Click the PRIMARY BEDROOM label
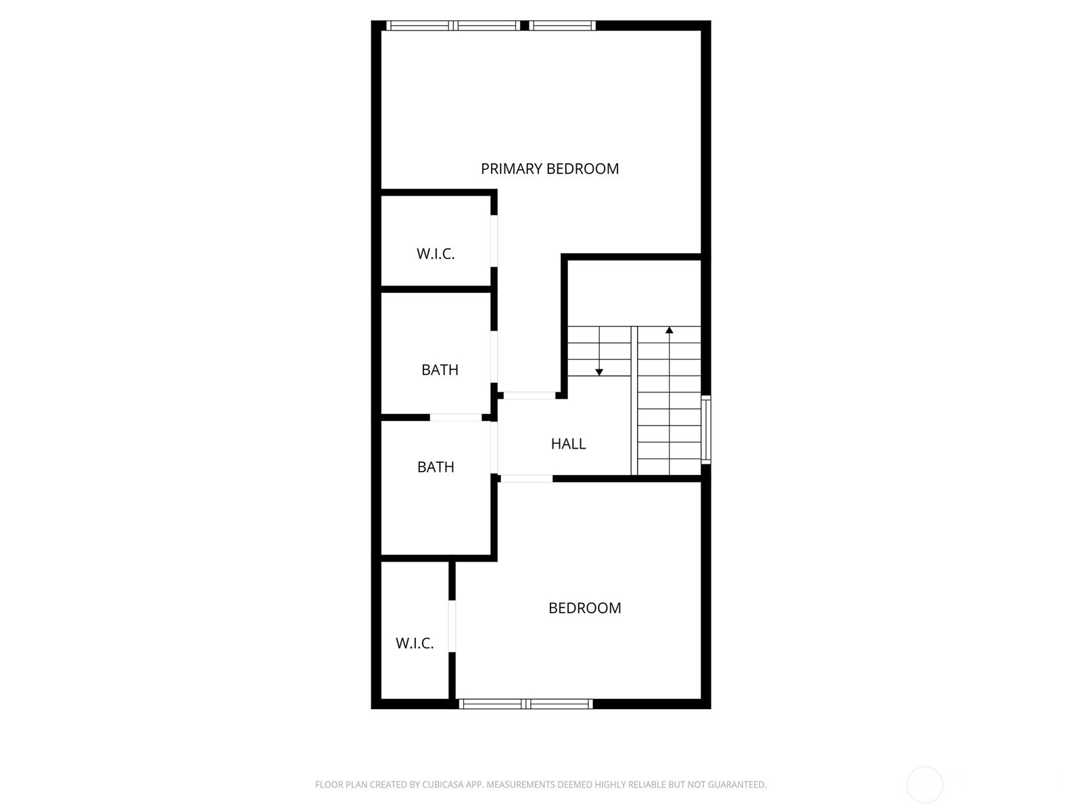(x=550, y=168)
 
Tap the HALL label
(x=568, y=444)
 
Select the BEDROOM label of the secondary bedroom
(x=584, y=608)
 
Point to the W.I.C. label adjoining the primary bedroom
(x=436, y=254)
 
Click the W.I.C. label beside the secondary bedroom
(x=415, y=643)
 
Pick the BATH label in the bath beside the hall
(x=436, y=467)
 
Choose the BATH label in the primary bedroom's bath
(x=440, y=369)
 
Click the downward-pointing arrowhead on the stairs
(x=599, y=372)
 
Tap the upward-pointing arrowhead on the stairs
(x=669, y=330)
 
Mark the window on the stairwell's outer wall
(x=705, y=430)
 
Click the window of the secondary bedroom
(x=525, y=704)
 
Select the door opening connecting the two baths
(x=456, y=418)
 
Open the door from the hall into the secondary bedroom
(x=526, y=478)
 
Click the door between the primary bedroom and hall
(x=530, y=395)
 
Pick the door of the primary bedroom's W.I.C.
(x=494, y=241)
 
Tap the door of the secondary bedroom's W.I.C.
(x=452, y=626)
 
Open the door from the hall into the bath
(x=494, y=447)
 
